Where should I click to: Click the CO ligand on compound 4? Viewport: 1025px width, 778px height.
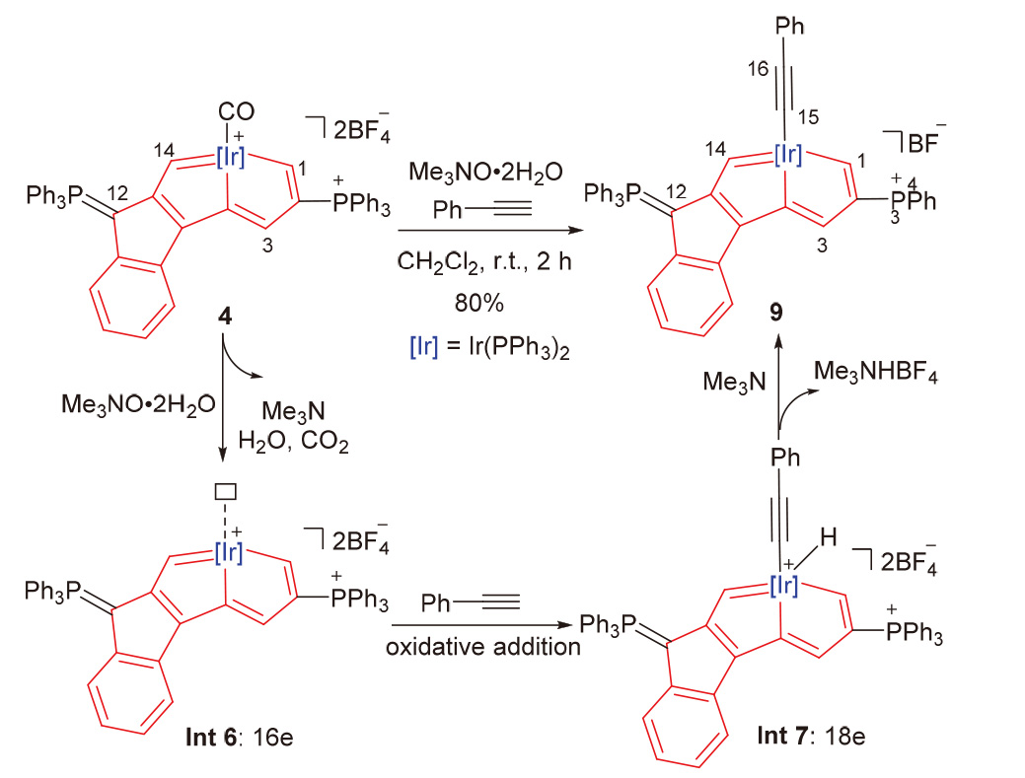tap(236, 111)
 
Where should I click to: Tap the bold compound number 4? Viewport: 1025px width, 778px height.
tap(224, 317)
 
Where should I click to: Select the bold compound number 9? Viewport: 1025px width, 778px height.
tap(776, 313)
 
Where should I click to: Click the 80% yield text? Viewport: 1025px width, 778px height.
tap(479, 303)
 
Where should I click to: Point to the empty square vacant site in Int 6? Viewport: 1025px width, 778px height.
tap(226, 491)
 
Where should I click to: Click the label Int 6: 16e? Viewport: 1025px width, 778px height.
tap(240, 737)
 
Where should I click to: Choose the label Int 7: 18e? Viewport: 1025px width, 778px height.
tap(811, 736)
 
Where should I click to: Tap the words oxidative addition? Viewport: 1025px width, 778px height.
tap(483, 647)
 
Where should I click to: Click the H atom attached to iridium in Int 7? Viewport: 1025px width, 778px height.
tap(829, 537)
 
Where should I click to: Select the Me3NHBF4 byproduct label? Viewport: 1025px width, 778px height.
tap(876, 373)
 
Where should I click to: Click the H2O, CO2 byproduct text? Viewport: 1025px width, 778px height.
tap(294, 442)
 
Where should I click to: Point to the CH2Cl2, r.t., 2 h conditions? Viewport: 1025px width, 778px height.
tap(484, 262)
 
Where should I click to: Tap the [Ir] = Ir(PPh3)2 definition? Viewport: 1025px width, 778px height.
tap(489, 347)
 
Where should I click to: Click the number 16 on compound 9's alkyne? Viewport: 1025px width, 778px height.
tap(758, 69)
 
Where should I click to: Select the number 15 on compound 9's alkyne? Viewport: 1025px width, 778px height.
tap(809, 117)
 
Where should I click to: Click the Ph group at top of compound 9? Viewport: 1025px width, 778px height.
tap(789, 26)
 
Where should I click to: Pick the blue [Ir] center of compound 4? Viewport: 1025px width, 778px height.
tap(230, 157)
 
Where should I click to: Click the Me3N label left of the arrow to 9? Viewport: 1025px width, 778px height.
tap(734, 382)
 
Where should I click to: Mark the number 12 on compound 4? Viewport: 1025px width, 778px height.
tap(117, 193)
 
